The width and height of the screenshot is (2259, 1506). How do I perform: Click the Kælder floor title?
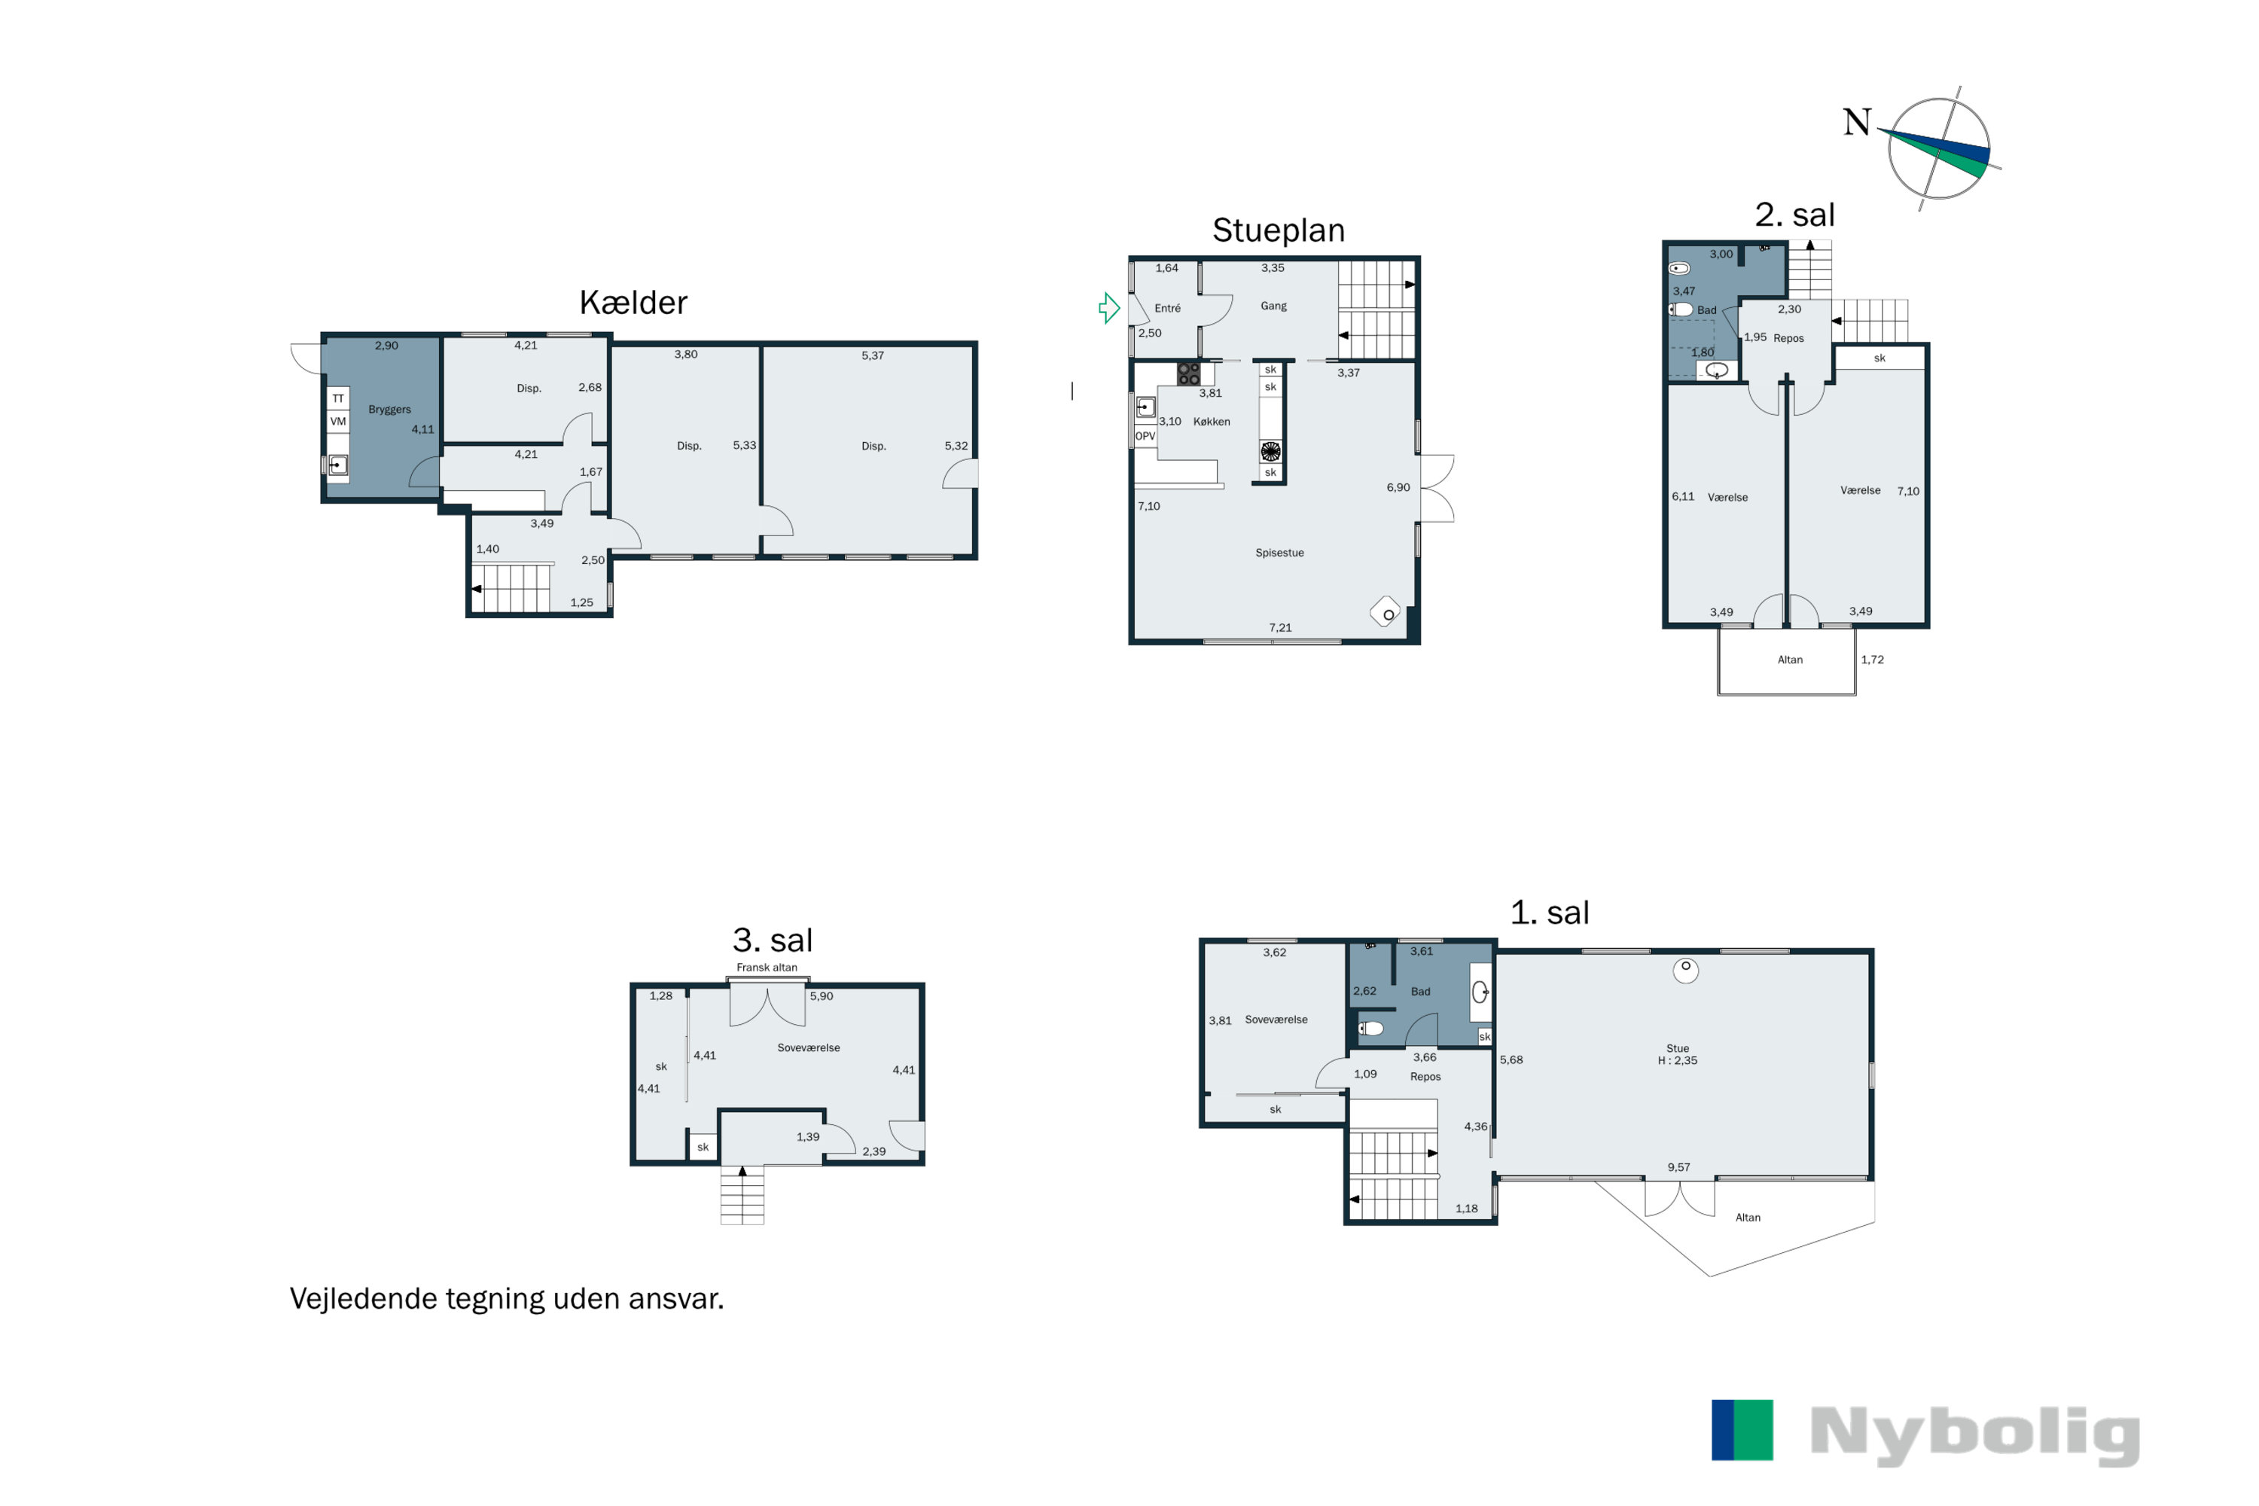tap(633, 303)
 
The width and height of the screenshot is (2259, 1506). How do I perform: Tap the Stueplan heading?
tap(1279, 230)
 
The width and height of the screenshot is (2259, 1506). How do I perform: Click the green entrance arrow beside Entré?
tap(1109, 308)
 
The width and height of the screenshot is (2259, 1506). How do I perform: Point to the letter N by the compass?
tap(1858, 122)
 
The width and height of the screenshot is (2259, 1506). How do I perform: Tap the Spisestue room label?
tap(1279, 553)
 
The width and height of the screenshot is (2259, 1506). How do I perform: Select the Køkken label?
tap(1211, 422)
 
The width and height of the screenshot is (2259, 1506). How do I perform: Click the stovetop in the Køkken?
tap(1188, 373)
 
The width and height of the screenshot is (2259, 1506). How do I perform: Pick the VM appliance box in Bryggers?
tap(338, 422)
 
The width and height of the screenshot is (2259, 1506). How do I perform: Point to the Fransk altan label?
tap(767, 967)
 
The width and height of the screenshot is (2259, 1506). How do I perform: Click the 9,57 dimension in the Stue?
tap(1679, 1168)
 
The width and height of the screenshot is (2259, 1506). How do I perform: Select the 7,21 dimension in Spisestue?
tap(1280, 628)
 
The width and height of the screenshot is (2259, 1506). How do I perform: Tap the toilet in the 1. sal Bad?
tap(1370, 1029)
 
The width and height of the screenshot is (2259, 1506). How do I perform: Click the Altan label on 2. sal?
tap(1791, 660)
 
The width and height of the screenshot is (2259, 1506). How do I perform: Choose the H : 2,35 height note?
tap(1678, 1061)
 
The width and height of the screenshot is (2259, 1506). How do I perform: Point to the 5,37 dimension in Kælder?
tap(872, 355)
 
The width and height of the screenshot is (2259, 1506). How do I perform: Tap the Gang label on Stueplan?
tap(1273, 306)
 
